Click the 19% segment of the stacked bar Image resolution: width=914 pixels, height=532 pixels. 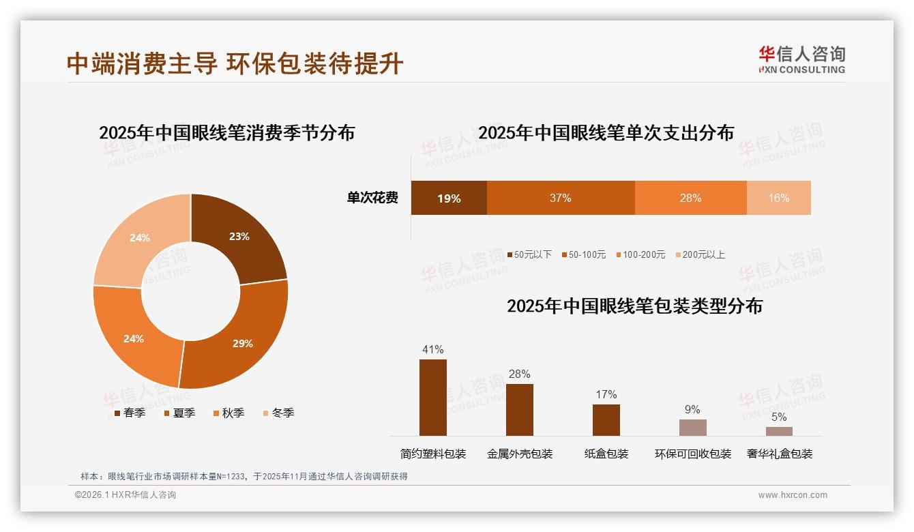pyautogui.click(x=449, y=198)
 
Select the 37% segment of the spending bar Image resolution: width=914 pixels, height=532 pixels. pyautogui.click(x=561, y=198)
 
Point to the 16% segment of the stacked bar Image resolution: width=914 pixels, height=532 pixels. pyautogui.click(x=778, y=198)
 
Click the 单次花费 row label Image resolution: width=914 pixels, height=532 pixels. pyautogui.click(x=372, y=198)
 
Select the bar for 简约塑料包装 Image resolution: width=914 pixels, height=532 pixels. pyautogui.click(x=432, y=398)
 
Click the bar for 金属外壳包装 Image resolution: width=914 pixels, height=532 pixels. pyautogui.click(x=519, y=409)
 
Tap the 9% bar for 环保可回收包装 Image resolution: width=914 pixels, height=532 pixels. pyautogui.click(x=692, y=428)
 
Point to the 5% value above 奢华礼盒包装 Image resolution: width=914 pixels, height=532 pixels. pyautogui.click(x=779, y=417)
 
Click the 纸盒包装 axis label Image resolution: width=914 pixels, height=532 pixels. pyautogui.click(x=606, y=454)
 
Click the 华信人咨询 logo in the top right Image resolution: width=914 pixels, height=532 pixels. pyautogui.click(x=801, y=59)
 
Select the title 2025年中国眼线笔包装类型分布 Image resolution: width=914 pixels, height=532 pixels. pyautogui.click(x=634, y=306)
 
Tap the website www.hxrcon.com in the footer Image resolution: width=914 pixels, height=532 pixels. pyautogui.click(x=793, y=495)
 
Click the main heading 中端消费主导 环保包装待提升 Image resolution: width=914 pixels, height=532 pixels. pyautogui.click(x=235, y=63)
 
